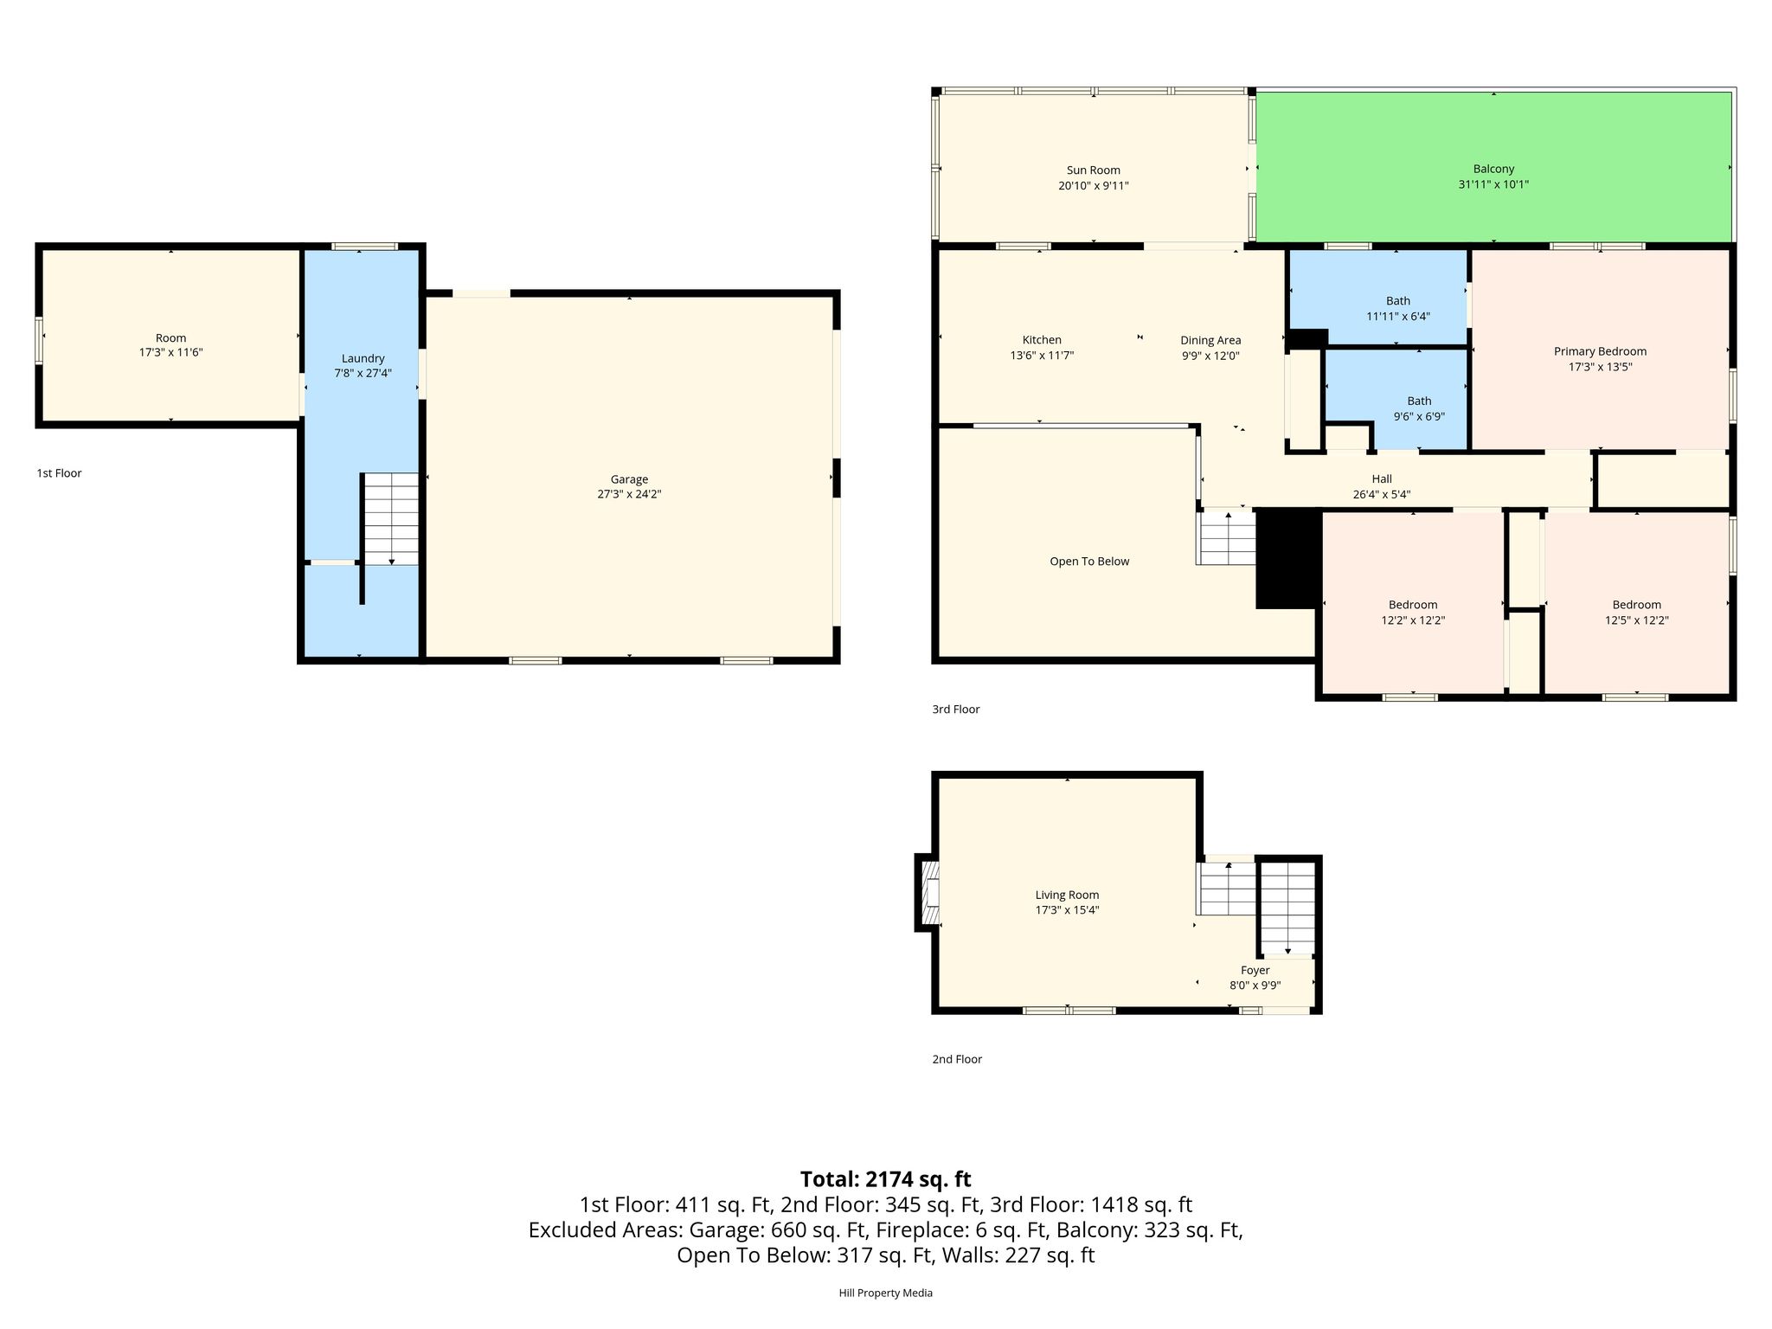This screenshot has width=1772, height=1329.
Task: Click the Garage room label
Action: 629,479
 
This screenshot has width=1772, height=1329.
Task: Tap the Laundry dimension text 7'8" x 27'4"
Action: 363,374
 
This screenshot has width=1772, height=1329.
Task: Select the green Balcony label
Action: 1493,169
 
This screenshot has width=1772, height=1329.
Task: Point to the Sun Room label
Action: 1093,170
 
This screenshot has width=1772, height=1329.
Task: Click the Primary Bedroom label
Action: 1600,351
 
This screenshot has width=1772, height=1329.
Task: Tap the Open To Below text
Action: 1089,562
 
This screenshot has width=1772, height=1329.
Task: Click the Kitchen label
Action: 1042,340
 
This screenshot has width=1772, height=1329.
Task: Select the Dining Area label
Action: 1210,340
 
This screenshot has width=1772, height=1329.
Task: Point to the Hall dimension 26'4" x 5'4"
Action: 1382,495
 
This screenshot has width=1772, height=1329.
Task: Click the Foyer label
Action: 1255,971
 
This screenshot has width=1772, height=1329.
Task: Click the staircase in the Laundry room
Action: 390,519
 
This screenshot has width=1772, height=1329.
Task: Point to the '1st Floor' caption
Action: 59,473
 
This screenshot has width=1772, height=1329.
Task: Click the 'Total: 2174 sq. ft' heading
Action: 885,1179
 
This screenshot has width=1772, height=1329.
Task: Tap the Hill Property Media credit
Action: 885,1294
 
